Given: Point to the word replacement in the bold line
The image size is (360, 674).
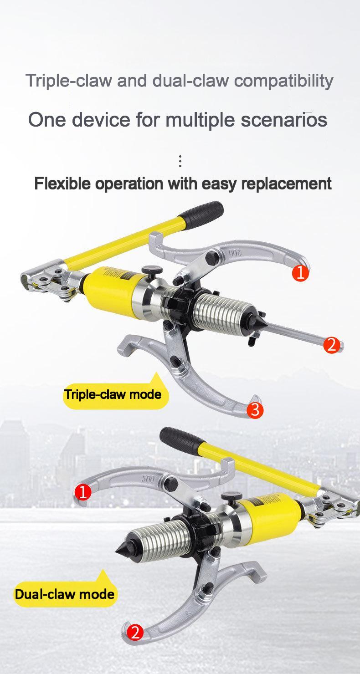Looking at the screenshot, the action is (x=286, y=184).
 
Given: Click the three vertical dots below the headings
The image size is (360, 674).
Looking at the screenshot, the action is (x=180, y=161).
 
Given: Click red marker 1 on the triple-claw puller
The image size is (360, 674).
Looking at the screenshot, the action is (x=300, y=273).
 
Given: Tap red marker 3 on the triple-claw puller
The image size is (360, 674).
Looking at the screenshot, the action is (x=255, y=410).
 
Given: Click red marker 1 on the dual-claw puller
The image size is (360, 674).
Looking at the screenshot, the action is (x=83, y=492).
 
